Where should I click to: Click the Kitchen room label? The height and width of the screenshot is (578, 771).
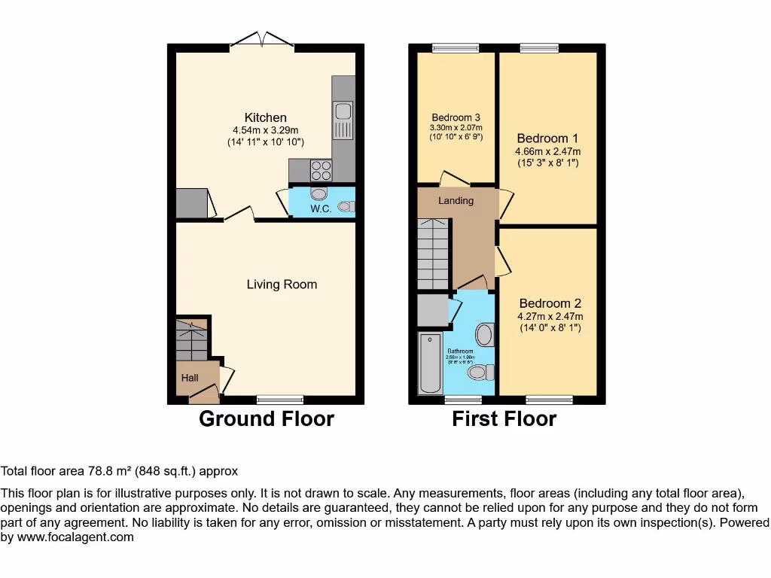point(265,117)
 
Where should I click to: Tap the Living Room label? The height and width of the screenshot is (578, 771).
point(282,284)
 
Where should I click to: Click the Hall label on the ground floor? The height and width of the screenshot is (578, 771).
point(190,378)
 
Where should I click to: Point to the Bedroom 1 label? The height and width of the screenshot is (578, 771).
point(547,138)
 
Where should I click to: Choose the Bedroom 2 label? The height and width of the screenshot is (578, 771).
point(550,304)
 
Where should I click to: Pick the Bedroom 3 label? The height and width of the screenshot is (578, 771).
point(456,117)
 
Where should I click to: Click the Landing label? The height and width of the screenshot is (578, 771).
point(456,201)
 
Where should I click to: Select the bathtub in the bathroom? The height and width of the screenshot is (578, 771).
point(431,365)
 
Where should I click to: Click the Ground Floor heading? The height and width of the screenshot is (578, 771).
point(266,419)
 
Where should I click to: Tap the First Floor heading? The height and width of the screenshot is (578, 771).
point(504,419)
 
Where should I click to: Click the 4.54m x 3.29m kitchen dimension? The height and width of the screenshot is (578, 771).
point(265,130)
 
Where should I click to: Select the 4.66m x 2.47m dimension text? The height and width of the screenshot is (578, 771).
point(547,151)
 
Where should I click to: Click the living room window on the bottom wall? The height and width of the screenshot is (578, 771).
point(280,399)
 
